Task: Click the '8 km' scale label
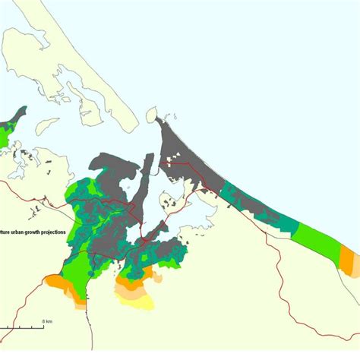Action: (47, 321)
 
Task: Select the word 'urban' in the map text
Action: (14, 232)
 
